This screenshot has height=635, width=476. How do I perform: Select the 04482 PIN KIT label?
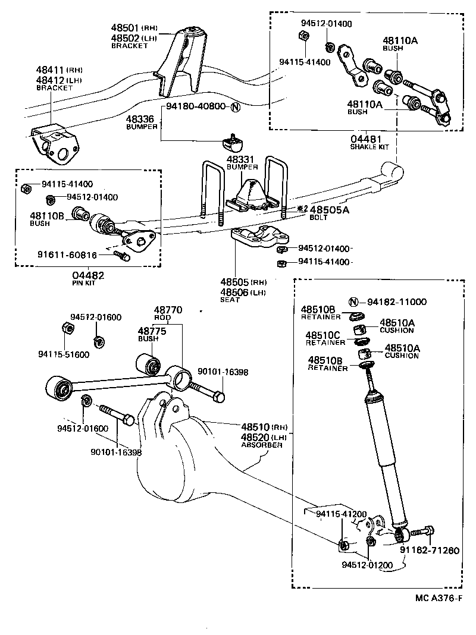(88, 278)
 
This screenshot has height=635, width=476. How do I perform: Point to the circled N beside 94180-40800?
(235, 108)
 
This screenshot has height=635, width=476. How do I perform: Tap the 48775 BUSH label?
(149, 334)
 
